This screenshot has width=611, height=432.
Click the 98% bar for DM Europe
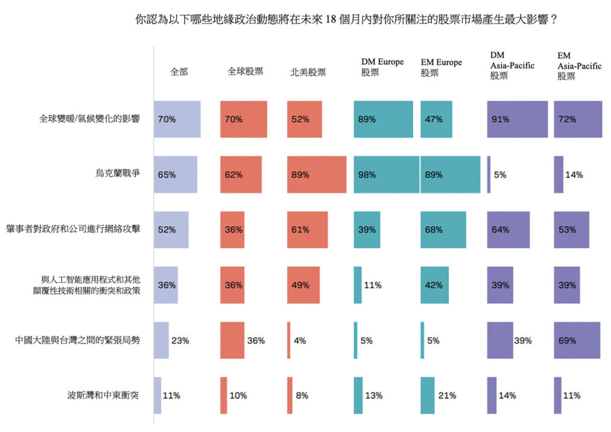tap(387, 175)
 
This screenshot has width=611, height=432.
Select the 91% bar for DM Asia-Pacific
tap(517, 119)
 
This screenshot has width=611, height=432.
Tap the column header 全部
tap(179, 72)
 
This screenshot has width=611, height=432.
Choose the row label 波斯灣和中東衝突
tap(104, 396)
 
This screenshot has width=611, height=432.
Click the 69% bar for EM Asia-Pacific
tap(577, 341)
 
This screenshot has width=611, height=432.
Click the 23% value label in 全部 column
tap(180, 341)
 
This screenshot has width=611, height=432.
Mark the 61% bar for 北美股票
tap(307, 230)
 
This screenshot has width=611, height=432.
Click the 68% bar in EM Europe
tap(443, 230)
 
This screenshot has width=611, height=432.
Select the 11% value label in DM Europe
tap(373, 285)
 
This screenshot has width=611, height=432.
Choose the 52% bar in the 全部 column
tap(171, 230)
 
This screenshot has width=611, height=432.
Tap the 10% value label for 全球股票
tap(239, 396)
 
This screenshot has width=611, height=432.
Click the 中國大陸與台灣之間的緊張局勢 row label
tap(78, 341)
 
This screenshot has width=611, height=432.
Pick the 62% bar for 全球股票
tap(241, 175)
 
